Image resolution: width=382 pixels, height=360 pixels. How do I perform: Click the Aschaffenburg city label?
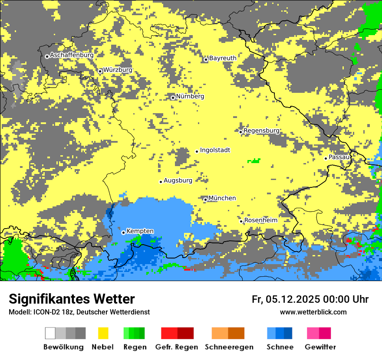[x=72, y=56]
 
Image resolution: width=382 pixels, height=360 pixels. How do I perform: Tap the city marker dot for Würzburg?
[x=100, y=71]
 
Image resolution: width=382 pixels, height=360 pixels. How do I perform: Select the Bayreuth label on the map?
[x=223, y=58]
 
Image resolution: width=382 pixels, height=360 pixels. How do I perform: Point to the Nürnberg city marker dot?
[x=173, y=98]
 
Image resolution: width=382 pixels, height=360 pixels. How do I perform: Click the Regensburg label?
[x=261, y=131]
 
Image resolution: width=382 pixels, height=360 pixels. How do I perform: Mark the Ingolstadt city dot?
[x=197, y=151]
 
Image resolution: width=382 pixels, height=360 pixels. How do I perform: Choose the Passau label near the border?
[x=339, y=157]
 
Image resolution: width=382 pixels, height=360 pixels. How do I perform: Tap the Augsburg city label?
[x=178, y=180]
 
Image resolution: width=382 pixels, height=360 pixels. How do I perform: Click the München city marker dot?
[x=205, y=200]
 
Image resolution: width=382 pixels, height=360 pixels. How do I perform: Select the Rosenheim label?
[x=260, y=220]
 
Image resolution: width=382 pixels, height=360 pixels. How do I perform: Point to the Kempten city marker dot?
[x=123, y=232]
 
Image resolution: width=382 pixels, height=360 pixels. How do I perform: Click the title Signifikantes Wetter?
[x=72, y=299]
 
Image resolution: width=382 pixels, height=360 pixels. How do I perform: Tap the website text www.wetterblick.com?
[x=313, y=312]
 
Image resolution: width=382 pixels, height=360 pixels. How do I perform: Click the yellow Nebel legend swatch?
[x=103, y=333]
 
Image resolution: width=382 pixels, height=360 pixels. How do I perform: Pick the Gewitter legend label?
[x=320, y=347]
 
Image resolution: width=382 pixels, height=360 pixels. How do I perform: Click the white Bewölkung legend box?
[x=50, y=333]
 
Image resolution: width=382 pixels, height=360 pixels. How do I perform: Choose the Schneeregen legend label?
[x=229, y=347]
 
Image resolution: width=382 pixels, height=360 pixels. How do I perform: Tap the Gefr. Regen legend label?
[x=177, y=347]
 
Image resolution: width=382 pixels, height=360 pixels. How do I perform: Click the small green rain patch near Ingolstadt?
[x=254, y=161]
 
